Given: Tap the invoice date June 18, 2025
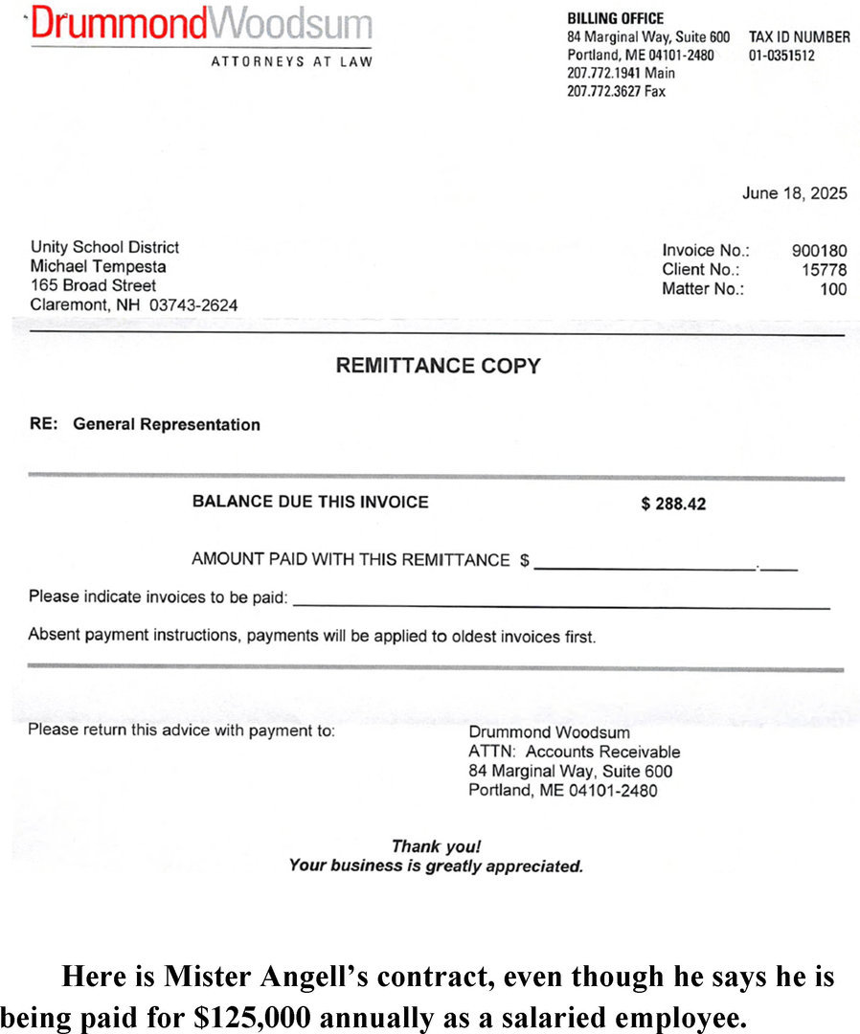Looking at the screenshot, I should pos(794,193).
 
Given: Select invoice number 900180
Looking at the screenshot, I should pos(819,251).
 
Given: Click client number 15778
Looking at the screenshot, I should pos(824,270).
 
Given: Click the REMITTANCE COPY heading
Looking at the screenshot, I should pos(438,366).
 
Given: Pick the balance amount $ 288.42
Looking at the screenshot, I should pos(673,504).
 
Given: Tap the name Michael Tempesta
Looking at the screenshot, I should pos(97,266).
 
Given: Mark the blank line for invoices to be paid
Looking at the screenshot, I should pos(560,604).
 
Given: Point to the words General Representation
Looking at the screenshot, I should pos(167,424).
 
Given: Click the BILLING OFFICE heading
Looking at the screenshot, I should pos(615,18).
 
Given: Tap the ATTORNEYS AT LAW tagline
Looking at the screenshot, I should pos(291,62).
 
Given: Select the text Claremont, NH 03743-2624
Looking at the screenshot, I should pos(134,305).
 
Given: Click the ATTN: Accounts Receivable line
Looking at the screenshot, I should pos(574,752).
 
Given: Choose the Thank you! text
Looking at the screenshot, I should pos(436,846).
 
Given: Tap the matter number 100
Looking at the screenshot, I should pos(833,289).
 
